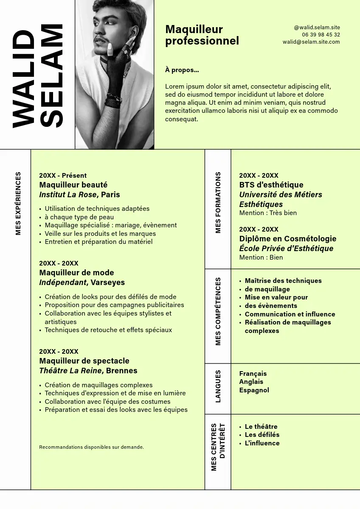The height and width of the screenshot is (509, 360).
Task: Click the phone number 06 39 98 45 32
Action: click(x=321, y=35)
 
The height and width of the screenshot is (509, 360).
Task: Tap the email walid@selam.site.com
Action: click(x=311, y=42)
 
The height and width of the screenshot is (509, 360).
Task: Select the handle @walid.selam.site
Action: click(x=317, y=28)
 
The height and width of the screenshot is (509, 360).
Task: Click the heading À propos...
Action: click(x=182, y=70)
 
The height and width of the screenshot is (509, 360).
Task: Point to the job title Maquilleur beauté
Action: click(x=73, y=185)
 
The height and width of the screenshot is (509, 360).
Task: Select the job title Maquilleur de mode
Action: click(x=76, y=273)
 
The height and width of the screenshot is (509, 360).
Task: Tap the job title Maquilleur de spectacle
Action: click(x=84, y=361)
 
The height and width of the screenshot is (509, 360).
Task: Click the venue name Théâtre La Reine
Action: click(x=70, y=371)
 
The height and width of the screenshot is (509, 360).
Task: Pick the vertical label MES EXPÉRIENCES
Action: click(x=18, y=203)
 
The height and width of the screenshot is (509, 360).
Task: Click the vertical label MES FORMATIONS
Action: click(x=218, y=202)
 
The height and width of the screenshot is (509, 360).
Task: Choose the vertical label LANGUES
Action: click(x=218, y=386)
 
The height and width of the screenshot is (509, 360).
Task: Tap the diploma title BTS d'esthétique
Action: click(x=271, y=185)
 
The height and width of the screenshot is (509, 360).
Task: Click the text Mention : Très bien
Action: click(x=268, y=213)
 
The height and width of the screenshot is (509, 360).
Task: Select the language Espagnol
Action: click(x=254, y=390)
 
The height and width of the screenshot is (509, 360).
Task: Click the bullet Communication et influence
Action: click(x=290, y=314)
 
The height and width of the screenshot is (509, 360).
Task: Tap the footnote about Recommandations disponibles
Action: click(x=91, y=447)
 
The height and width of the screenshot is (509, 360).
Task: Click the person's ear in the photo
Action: click(x=135, y=32)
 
